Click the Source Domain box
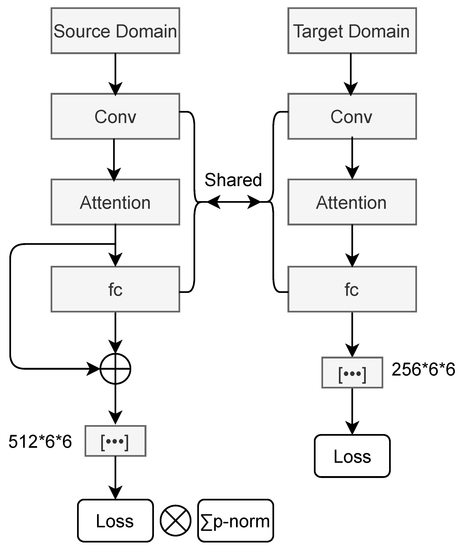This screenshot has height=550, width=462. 115,31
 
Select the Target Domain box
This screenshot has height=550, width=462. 352,31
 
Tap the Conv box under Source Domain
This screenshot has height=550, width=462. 115,116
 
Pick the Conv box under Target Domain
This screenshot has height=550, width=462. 352,116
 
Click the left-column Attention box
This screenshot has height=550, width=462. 115,202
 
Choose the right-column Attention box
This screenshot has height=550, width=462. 352,202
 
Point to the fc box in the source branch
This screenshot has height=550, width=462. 115,289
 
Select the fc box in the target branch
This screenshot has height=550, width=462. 352,289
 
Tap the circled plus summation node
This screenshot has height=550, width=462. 115,369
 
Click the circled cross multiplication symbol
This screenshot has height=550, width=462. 176,521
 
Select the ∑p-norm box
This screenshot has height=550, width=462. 235,521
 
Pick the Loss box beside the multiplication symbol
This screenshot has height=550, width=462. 115,521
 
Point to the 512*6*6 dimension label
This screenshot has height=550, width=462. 40,442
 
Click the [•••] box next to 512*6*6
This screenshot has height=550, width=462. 115,441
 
